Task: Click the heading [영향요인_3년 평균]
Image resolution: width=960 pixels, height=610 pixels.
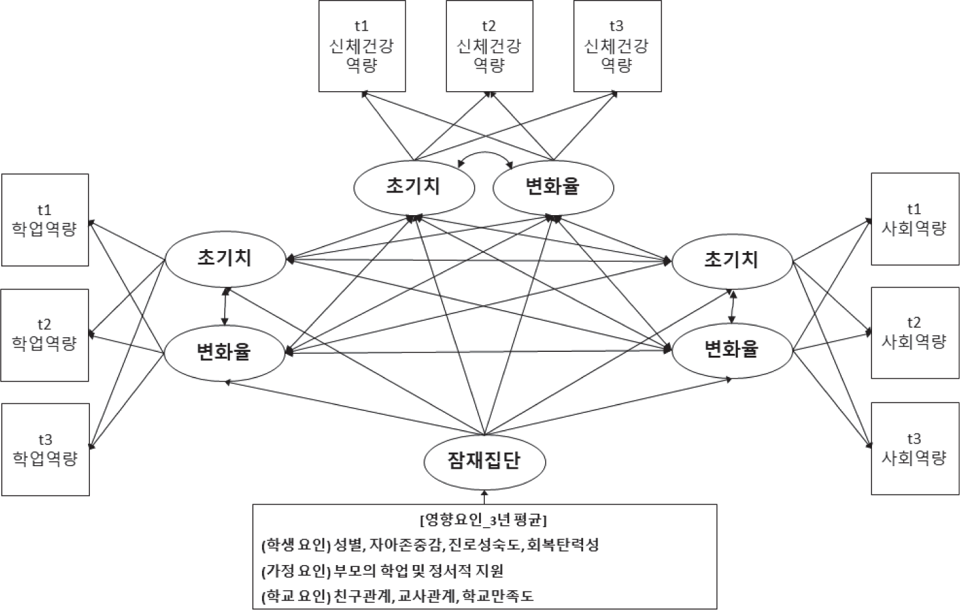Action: [x=484, y=520]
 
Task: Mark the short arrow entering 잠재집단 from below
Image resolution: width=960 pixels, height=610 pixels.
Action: [x=485, y=497]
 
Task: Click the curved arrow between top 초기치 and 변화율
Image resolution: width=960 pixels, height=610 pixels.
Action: [x=485, y=152]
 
